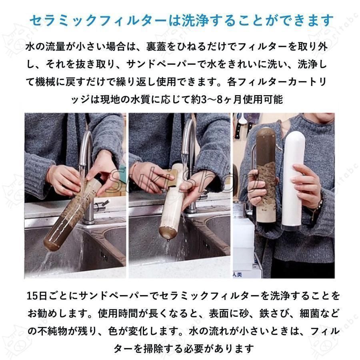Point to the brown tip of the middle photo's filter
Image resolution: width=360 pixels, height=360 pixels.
coord(166,234)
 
